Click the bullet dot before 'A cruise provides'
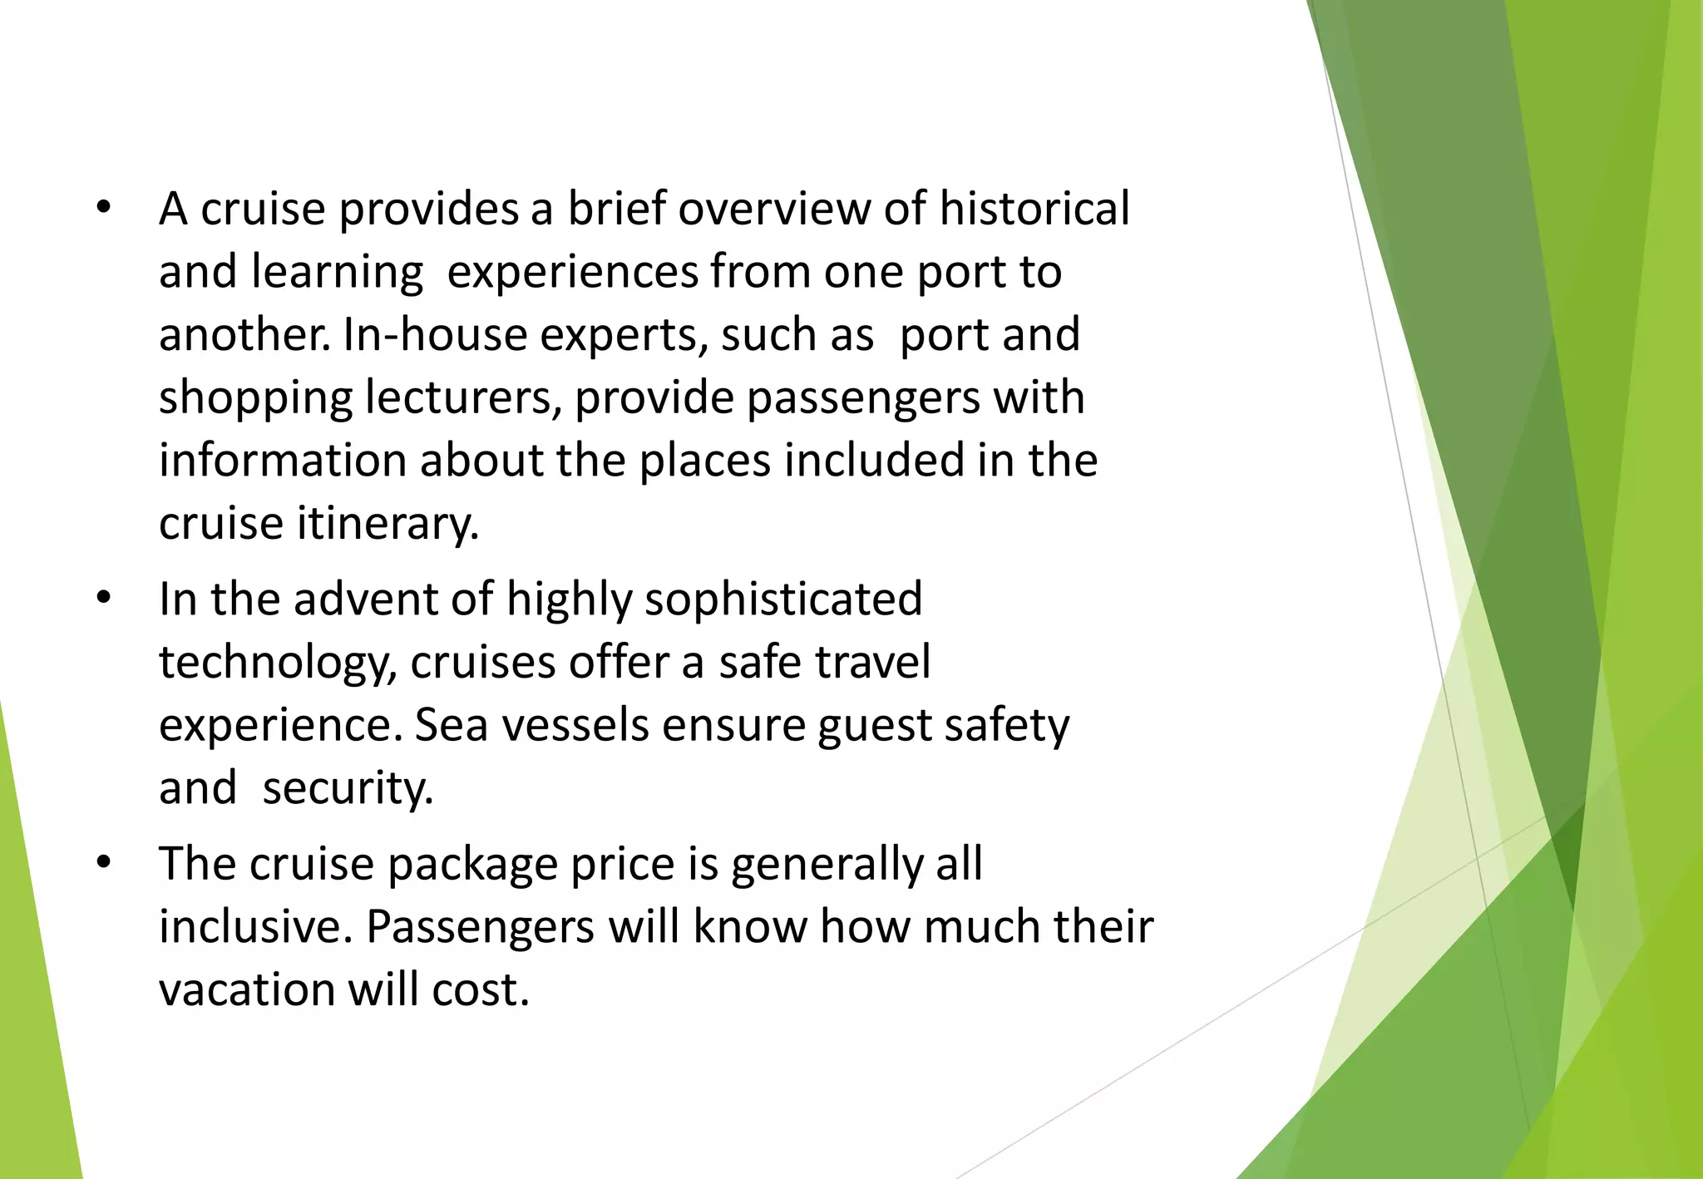tap(103, 208)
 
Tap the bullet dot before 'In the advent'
tap(103, 599)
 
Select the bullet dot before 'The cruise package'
tap(103, 863)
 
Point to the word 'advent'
tap(365, 599)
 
